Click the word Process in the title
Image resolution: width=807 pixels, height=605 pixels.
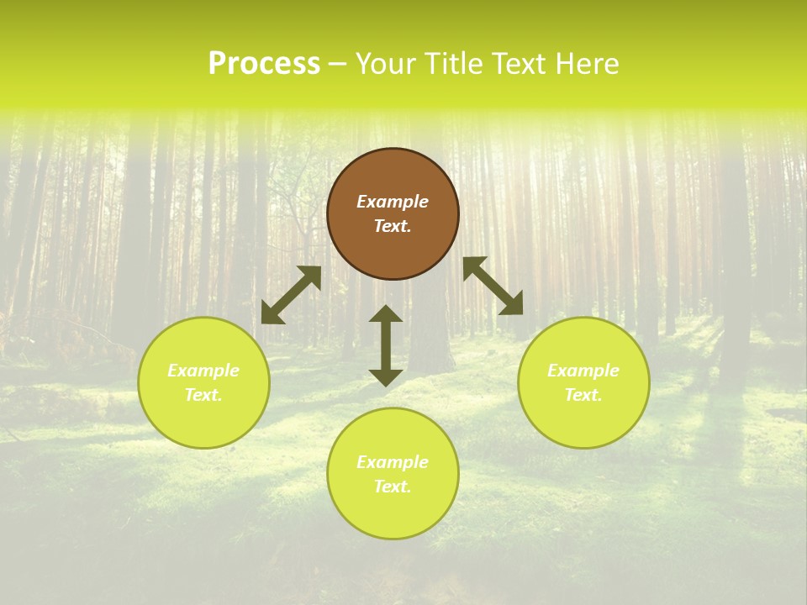click(x=264, y=64)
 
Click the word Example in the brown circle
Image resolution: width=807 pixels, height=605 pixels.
click(x=393, y=202)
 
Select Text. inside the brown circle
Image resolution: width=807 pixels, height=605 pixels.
click(x=393, y=226)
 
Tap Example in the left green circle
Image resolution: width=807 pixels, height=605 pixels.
click(x=203, y=371)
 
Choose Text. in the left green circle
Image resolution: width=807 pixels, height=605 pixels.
click(x=203, y=395)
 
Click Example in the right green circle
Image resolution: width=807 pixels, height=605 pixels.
click(x=583, y=371)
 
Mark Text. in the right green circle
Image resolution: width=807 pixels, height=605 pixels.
click(x=583, y=395)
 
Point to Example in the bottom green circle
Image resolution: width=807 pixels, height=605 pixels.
click(x=393, y=462)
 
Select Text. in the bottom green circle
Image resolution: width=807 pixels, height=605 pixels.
click(x=393, y=487)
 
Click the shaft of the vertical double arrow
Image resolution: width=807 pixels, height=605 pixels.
click(x=386, y=345)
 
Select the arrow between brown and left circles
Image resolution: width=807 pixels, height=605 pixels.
click(x=291, y=295)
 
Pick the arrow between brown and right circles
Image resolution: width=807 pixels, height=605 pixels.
click(x=493, y=286)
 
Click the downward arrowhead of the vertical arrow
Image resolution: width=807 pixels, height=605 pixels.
click(x=386, y=377)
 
